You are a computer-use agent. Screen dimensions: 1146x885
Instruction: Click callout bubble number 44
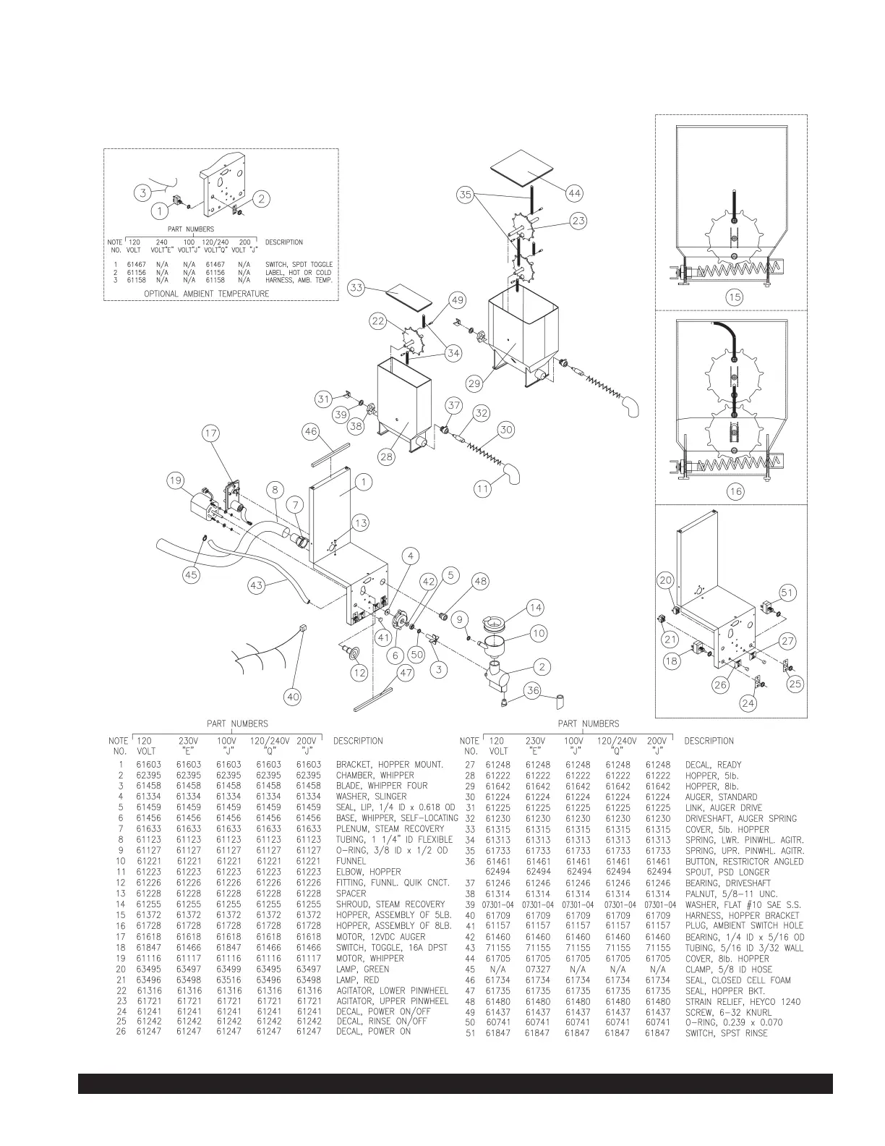point(575,193)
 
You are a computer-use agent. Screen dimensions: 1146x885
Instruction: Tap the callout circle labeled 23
point(578,221)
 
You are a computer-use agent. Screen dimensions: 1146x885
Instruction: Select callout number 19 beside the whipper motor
point(176,479)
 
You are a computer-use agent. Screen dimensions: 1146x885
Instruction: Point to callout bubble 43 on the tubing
point(257,586)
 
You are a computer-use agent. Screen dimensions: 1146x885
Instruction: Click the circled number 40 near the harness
point(292,697)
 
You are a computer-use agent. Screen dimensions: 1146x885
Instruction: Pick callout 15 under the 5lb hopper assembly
point(735,297)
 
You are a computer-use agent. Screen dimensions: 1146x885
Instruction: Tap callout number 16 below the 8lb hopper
point(735,491)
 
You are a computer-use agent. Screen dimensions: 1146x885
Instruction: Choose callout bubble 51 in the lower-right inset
point(787,593)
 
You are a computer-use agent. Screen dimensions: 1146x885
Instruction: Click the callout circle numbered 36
point(533,691)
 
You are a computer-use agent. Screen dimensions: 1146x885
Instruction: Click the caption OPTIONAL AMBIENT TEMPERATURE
point(206,294)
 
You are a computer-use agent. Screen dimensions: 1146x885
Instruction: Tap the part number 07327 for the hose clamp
point(189,969)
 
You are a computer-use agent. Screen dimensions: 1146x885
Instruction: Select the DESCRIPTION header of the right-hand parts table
point(709,741)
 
